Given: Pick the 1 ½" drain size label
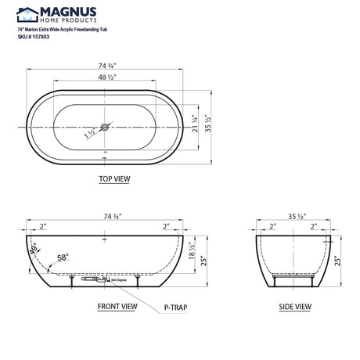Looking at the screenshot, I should [92, 134].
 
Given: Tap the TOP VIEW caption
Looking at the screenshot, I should [114, 178].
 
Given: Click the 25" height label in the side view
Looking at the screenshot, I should [338, 257].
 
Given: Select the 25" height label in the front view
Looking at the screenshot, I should [206, 258].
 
